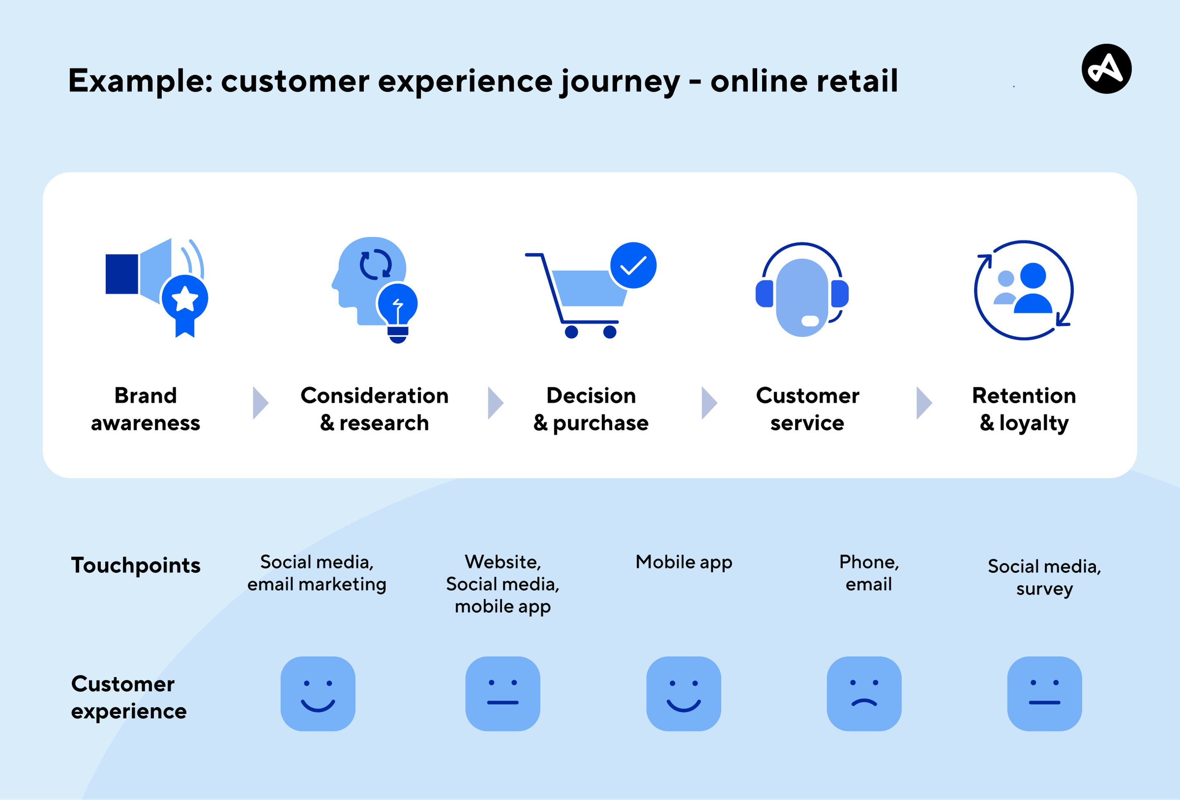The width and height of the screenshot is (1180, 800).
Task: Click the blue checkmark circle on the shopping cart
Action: pyautogui.click(x=633, y=265)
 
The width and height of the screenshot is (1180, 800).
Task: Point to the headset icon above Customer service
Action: pyautogui.click(x=802, y=289)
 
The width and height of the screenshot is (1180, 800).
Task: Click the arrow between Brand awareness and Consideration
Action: pyautogui.click(x=261, y=403)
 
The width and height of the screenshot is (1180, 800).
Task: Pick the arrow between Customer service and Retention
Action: pyautogui.click(x=924, y=403)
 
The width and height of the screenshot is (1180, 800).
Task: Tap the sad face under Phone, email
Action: pyautogui.click(x=864, y=693)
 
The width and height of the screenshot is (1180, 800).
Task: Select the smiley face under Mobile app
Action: pyautogui.click(x=683, y=693)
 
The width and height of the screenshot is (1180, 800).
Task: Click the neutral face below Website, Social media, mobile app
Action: pyautogui.click(x=503, y=693)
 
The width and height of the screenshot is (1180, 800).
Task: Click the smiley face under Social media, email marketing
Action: pyautogui.click(x=318, y=693)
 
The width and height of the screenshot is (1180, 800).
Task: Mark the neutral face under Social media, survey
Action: pyautogui.click(x=1044, y=693)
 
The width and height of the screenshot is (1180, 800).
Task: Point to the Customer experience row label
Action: pyautogui.click(x=129, y=698)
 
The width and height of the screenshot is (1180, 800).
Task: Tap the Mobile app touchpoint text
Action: pyautogui.click(x=684, y=563)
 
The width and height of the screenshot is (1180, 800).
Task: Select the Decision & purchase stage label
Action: pyautogui.click(x=591, y=409)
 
